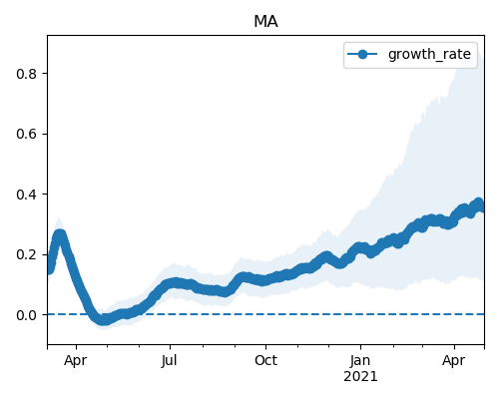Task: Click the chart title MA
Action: pos(265,22)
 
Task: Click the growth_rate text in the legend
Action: pos(429,54)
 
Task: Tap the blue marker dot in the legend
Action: pos(362,54)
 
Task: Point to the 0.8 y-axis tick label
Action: pos(26,74)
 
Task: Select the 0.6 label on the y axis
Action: pos(26,134)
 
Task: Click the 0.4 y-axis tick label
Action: pos(26,195)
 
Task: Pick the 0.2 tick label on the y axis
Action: pos(26,255)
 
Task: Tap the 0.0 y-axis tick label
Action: pos(26,315)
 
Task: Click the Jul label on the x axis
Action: pos(170,361)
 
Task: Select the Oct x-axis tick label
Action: pos(265,361)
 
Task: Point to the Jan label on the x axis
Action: pos(360,361)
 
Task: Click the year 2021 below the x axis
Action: pos(360,377)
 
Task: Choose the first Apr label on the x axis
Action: pos(76,361)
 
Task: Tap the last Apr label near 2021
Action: pos(454,361)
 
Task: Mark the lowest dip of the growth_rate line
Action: pos(104,320)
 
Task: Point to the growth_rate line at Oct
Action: pos(265,280)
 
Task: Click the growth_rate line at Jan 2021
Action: pos(360,247)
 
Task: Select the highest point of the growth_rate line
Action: pos(478,203)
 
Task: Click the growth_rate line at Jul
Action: pos(170,283)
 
